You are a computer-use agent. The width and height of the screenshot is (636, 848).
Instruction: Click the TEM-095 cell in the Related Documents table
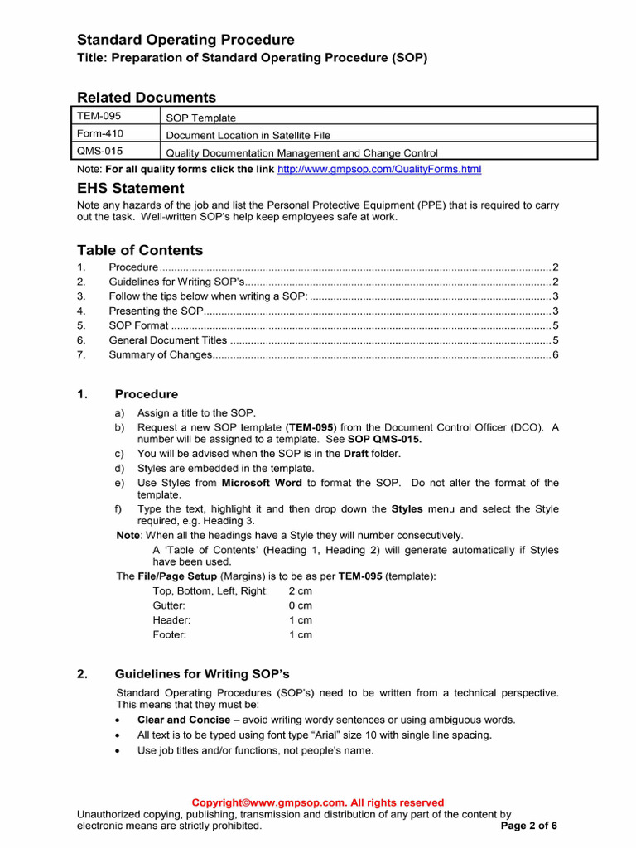click(x=99, y=116)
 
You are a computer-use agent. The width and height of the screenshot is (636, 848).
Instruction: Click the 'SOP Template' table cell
click(x=201, y=118)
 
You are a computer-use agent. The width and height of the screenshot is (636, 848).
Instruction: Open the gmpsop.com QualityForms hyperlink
click(x=378, y=169)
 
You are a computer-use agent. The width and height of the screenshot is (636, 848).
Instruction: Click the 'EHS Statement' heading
click(x=130, y=189)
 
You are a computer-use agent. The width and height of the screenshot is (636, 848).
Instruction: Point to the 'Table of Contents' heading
click(x=139, y=250)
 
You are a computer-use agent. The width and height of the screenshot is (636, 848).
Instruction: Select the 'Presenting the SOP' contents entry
click(x=156, y=311)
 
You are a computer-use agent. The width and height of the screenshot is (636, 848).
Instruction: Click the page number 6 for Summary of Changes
click(x=556, y=355)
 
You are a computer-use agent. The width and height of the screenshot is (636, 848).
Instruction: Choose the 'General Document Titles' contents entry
click(x=167, y=340)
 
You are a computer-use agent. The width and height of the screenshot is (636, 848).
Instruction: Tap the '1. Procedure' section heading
click(x=146, y=394)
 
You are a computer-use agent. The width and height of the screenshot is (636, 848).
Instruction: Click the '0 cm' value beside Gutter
click(x=300, y=605)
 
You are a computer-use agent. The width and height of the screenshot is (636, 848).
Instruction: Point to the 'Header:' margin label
click(x=171, y=620)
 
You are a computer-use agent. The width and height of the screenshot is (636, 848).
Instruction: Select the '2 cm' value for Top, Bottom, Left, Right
click(x=300, y=591)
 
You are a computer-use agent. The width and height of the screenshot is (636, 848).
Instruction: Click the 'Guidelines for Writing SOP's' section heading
click(x=201, y=673)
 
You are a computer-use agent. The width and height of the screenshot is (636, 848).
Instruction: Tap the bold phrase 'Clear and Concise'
click(x=183, y=720)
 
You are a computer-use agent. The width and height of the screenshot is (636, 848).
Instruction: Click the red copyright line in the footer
click(x=318, y=802)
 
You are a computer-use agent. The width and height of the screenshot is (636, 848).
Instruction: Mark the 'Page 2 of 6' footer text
click(x=529, y=826)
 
